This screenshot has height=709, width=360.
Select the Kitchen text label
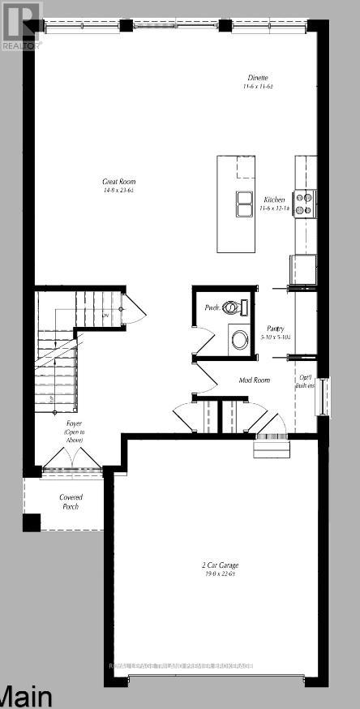point(274,199)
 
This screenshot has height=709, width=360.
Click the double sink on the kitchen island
point(243,204)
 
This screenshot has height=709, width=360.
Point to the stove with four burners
point(304,202)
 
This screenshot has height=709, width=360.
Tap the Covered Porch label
point(71,502)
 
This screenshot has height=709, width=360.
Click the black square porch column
point(31,523)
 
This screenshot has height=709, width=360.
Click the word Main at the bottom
point(26,696)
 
